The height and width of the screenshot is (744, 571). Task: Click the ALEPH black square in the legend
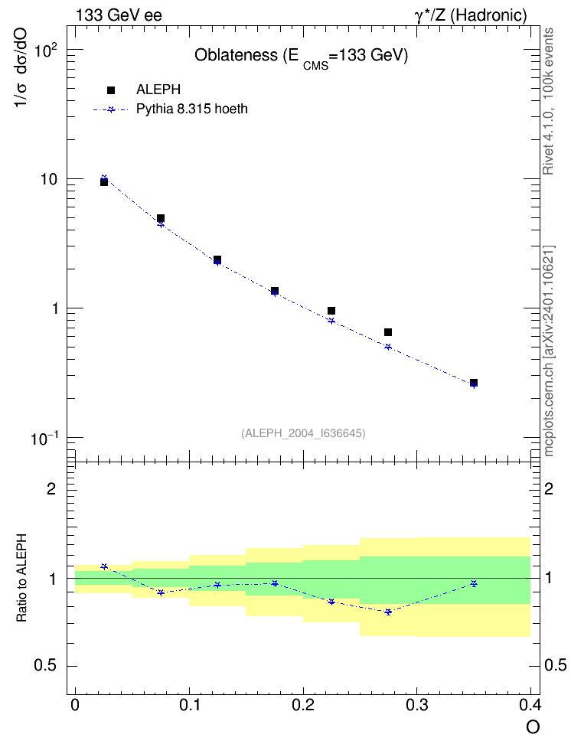[111, 90]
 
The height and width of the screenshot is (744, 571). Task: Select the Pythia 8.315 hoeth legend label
[192, 109]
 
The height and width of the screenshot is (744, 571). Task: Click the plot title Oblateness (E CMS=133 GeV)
[302, 57]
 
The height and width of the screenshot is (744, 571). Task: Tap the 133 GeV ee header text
[119, 15]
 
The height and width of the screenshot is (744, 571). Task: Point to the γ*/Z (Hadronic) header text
[471, 15]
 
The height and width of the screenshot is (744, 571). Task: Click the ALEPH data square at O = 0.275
[388, 332]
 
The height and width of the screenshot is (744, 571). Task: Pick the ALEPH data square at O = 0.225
[331, 311]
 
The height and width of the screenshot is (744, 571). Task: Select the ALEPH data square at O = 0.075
[161, 218]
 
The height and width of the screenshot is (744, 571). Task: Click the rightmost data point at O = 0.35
[473, 383]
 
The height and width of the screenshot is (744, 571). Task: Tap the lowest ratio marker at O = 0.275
[388, 612]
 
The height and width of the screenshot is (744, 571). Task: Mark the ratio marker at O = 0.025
[104, 566]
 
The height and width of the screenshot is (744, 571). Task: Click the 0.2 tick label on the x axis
[303, 706]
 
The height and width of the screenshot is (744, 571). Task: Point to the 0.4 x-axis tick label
[530, 706]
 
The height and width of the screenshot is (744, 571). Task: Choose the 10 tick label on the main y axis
[49, 180]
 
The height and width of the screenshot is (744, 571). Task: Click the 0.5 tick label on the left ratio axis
[44, 666]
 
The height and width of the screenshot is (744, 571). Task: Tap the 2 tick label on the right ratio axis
[549, 488]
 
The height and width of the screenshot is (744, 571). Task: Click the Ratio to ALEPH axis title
[21, 578]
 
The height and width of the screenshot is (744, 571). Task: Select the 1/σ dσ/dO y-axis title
[21, 67]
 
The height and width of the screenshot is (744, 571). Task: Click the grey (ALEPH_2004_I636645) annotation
[303, 433]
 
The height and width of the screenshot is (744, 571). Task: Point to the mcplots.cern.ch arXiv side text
[549, 351]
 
